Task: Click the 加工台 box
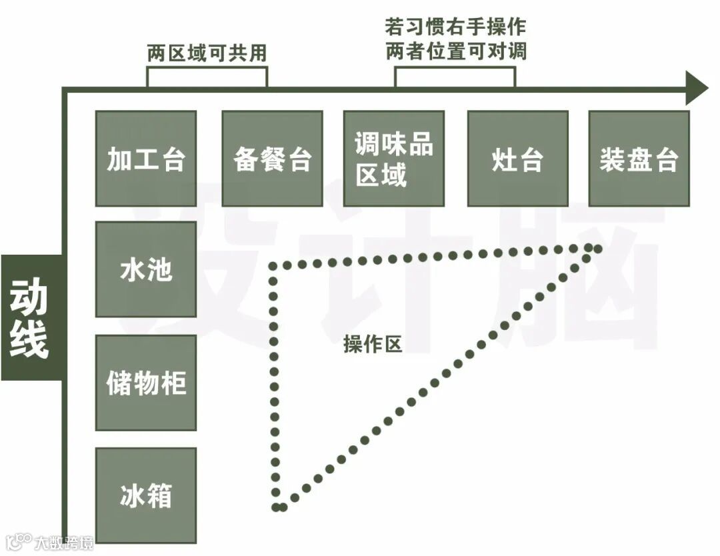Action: (146, 159)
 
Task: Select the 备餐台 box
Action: (272, 159)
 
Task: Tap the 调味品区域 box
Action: (393, 159)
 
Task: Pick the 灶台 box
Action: (517, 159)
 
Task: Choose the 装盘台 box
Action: (639, 159)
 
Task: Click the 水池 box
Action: (146, 269)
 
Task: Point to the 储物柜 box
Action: (146, 383)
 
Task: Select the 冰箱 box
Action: (146, 495)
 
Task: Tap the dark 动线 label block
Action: (30, 318)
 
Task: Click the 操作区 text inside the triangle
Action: (373, 344)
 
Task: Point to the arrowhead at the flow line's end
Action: (696, 88)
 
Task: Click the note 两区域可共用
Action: (207, 53)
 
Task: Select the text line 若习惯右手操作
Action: (455, 27)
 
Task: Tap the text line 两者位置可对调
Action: (455, 51)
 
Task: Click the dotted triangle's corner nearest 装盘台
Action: (593, 249)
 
